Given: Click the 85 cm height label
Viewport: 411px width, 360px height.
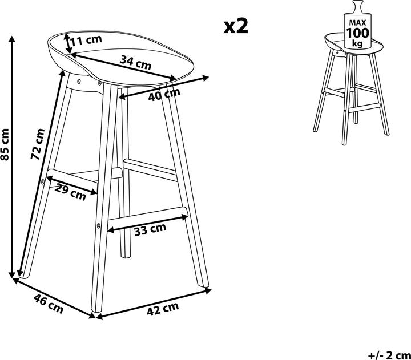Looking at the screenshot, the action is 5,144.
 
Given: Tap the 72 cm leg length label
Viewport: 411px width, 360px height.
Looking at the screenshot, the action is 38,144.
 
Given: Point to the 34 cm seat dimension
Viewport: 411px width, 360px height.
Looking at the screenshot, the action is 135,63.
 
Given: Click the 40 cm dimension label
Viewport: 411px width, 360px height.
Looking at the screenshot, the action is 164,94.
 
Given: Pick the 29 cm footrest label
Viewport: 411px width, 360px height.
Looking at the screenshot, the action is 70,193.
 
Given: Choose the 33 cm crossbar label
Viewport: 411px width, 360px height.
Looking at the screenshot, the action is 150,229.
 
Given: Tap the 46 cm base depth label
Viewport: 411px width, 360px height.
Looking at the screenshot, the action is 49,304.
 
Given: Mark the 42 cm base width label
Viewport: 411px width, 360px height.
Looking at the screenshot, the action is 163,309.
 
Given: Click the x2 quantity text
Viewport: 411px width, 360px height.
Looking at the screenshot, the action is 236,26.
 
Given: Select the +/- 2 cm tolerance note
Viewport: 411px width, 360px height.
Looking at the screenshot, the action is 389,355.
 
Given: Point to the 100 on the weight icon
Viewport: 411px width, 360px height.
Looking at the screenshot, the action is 357,33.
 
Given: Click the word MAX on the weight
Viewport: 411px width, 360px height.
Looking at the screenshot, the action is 357,23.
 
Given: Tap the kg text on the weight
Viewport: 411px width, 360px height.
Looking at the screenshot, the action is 357,43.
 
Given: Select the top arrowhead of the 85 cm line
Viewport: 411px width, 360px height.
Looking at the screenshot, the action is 11,39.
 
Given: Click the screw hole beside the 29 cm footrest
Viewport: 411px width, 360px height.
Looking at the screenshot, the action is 43,181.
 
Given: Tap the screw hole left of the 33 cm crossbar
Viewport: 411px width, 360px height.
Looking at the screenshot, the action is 98,225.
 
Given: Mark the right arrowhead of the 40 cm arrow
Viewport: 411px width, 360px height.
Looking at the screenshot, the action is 205,78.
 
